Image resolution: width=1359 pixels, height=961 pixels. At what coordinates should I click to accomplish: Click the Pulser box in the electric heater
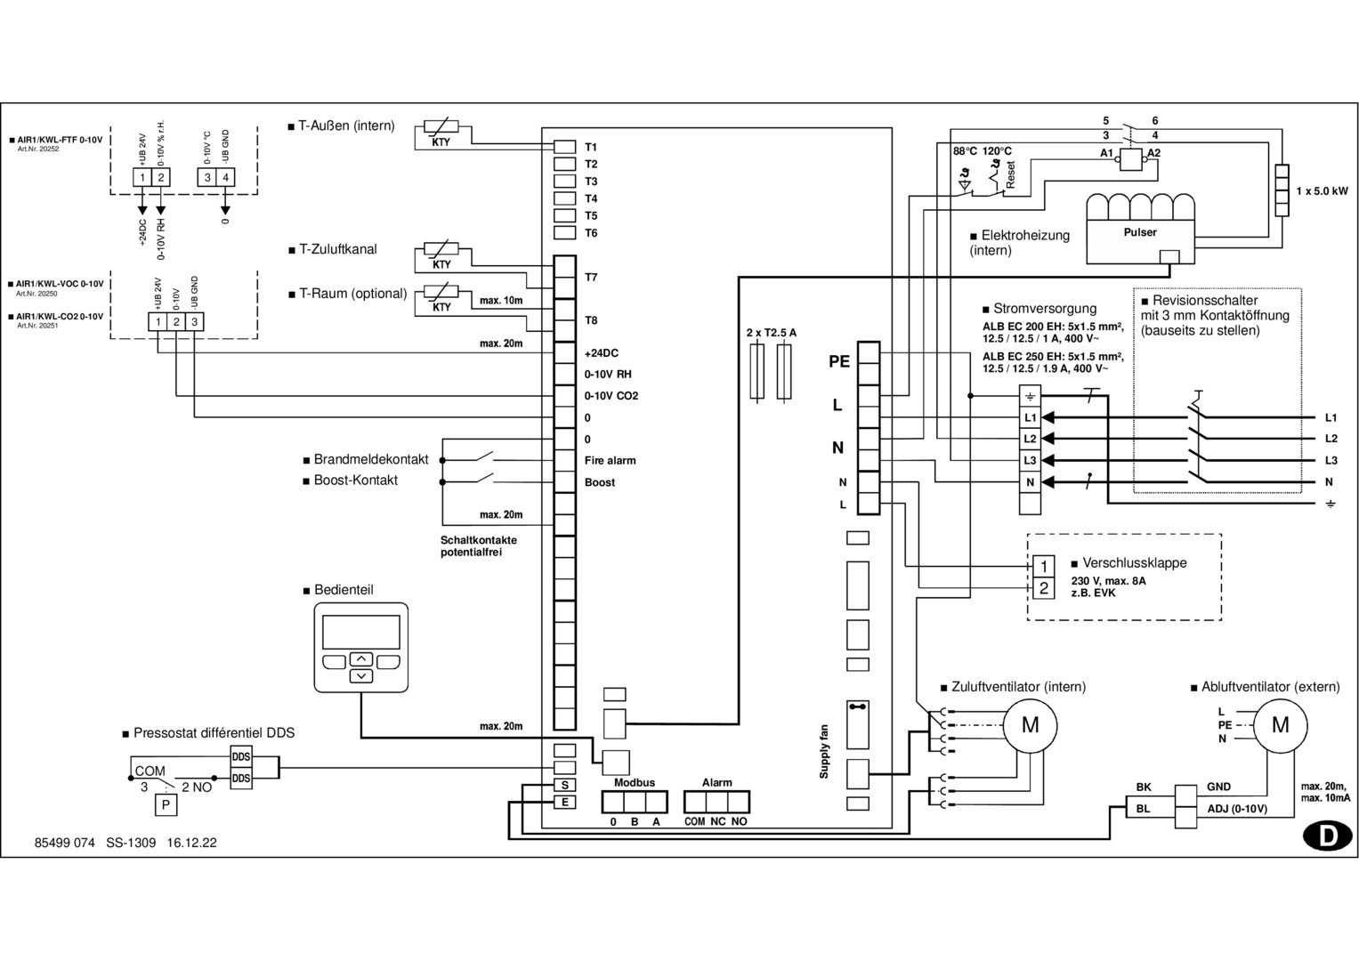[x=1139, y=233]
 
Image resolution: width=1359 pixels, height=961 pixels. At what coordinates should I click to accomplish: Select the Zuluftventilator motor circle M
[x=1030, y=725]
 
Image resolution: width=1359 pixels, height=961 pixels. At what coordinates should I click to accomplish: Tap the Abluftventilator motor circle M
[x=1280, y=725]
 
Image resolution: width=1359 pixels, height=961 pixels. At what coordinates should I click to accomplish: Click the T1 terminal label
[x=591, y=147]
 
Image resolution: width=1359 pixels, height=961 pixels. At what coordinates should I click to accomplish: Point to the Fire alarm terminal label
[x=610, y=461]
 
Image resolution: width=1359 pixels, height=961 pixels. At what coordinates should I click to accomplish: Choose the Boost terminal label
[x=600, y=482]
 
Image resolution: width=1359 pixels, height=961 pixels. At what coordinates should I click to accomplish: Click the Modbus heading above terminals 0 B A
[x=634, y=783]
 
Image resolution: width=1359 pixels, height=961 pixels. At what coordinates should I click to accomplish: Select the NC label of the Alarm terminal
[x=717, y=822]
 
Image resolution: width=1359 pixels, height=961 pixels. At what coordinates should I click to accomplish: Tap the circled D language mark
[x=1327, y=836]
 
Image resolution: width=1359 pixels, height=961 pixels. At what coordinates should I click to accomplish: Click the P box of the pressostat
[x=166, y=806]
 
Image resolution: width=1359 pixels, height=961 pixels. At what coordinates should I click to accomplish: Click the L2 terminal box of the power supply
[x=1030, y=439]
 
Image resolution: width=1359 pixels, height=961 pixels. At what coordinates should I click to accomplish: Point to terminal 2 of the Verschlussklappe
[x=1044, y=588]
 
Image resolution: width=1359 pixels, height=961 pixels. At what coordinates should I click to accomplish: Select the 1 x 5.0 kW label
[x=1322, y=191]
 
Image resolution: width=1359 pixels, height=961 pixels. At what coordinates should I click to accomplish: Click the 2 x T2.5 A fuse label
[x=771, y=333]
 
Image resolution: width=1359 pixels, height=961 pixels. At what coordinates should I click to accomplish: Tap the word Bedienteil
[x=344, y=590]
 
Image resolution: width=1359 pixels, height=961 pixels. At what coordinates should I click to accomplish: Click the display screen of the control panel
[x=360, y=632]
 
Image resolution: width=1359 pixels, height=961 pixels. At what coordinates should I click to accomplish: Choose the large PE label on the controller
[x=838, y=362]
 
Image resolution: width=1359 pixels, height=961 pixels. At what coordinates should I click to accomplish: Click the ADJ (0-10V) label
[x=1236, y=809]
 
